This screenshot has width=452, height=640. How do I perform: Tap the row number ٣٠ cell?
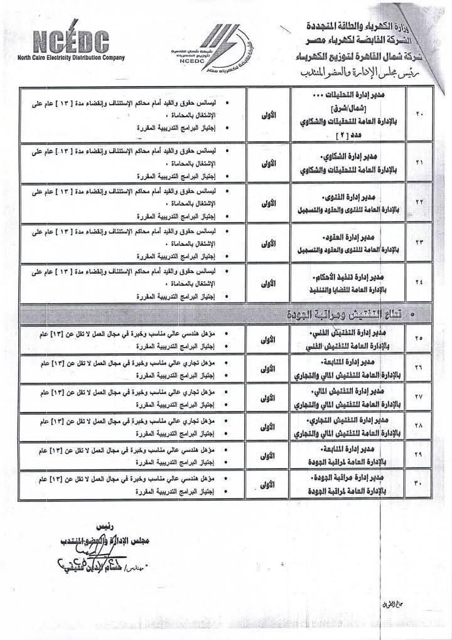[x=419, y=486]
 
